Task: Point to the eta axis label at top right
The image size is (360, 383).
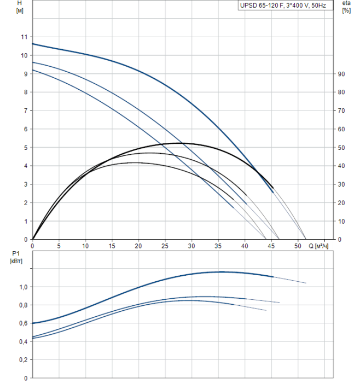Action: pyautogui.click(x=346, y=3)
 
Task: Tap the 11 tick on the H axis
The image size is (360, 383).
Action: pyautogui.click(x=24, y=37)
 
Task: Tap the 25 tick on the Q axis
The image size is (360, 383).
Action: pyautogui.click(x=165, y=246)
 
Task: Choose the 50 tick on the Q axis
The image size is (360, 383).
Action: pyautogui.click(x=297, y=246)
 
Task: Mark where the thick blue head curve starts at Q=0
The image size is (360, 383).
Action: pyautogui.click(x=33, y=44)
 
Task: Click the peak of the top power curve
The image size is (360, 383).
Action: pyautogui.click(x=222, y=271)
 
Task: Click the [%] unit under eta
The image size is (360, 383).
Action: pyautogui.click(x=346, y=11)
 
